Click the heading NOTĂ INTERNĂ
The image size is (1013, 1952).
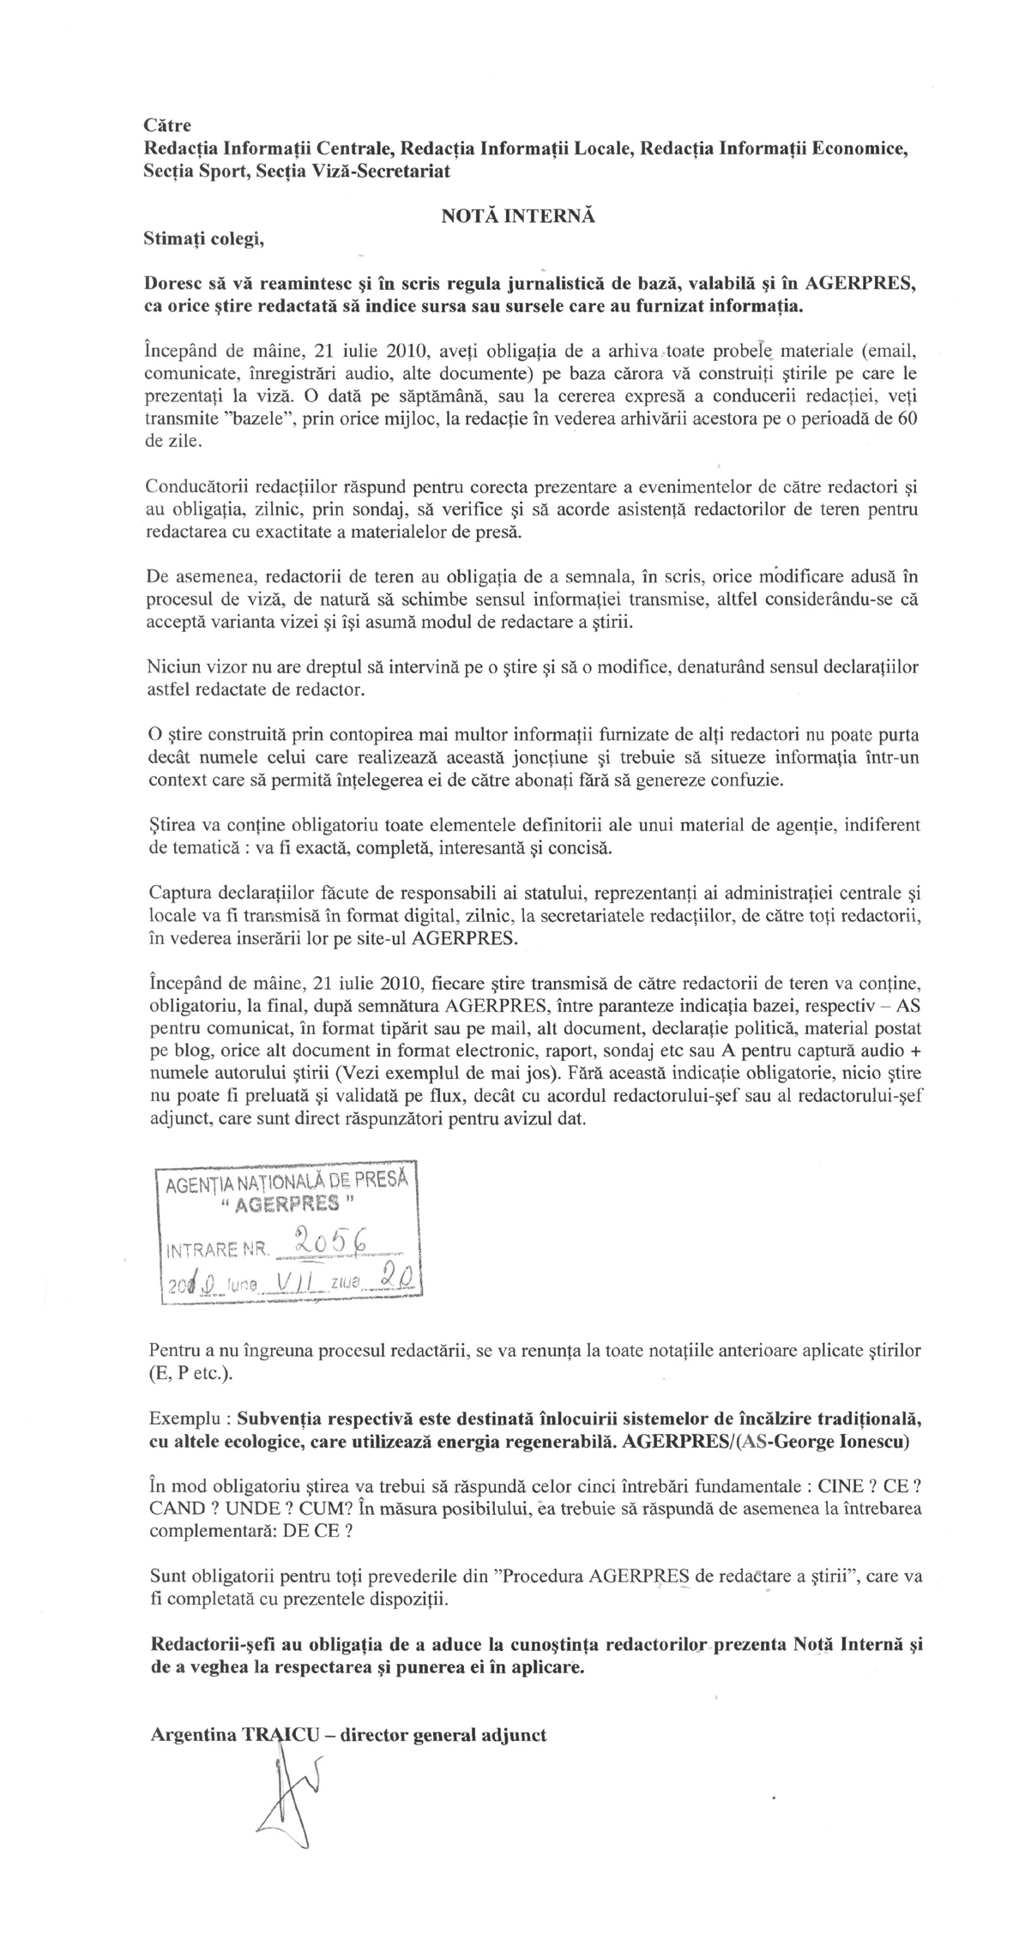point(518,217)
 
